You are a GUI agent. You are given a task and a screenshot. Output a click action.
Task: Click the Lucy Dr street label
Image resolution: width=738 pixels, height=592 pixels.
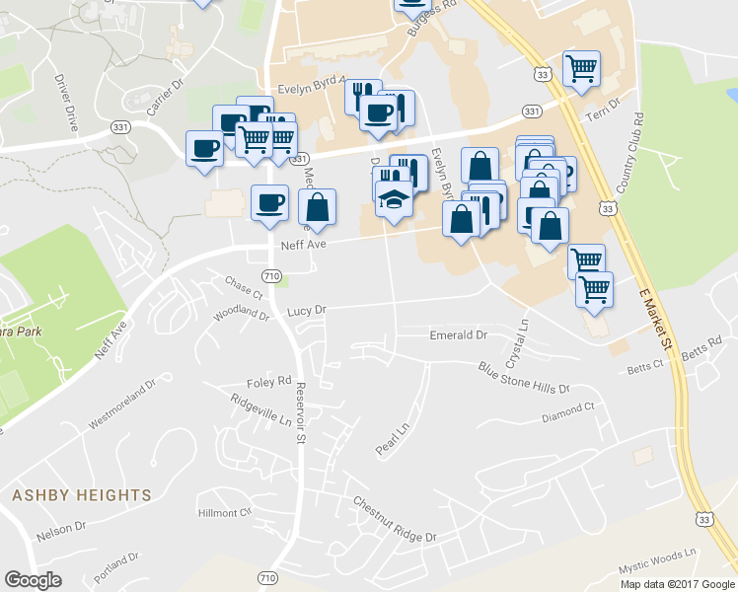click(x=307, y=310)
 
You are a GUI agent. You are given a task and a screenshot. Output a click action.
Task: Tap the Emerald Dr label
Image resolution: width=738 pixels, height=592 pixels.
click(x=459, y=335)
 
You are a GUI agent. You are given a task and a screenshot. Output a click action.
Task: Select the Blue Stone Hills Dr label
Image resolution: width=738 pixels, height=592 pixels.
click(x=524, y=378)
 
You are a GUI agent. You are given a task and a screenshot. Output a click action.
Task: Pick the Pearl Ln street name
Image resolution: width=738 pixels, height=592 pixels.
click(x=392, y=439)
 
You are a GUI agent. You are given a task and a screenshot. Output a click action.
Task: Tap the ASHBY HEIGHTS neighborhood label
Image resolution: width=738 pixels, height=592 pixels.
click(x=82, y=495)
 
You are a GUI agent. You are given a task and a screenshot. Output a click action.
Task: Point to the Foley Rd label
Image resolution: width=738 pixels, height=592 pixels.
click(x=269, y=381)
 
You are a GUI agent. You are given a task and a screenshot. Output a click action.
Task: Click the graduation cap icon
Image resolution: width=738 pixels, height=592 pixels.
click(x=394, y=198)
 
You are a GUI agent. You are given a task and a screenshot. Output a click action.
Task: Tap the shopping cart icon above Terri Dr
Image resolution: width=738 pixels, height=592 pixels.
click(x=581, y=69)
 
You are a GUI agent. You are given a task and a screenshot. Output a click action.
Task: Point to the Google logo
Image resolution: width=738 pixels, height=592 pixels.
click(x=33, y=579)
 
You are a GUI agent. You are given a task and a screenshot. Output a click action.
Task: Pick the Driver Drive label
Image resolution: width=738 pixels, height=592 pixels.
click(x=67, y=104)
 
